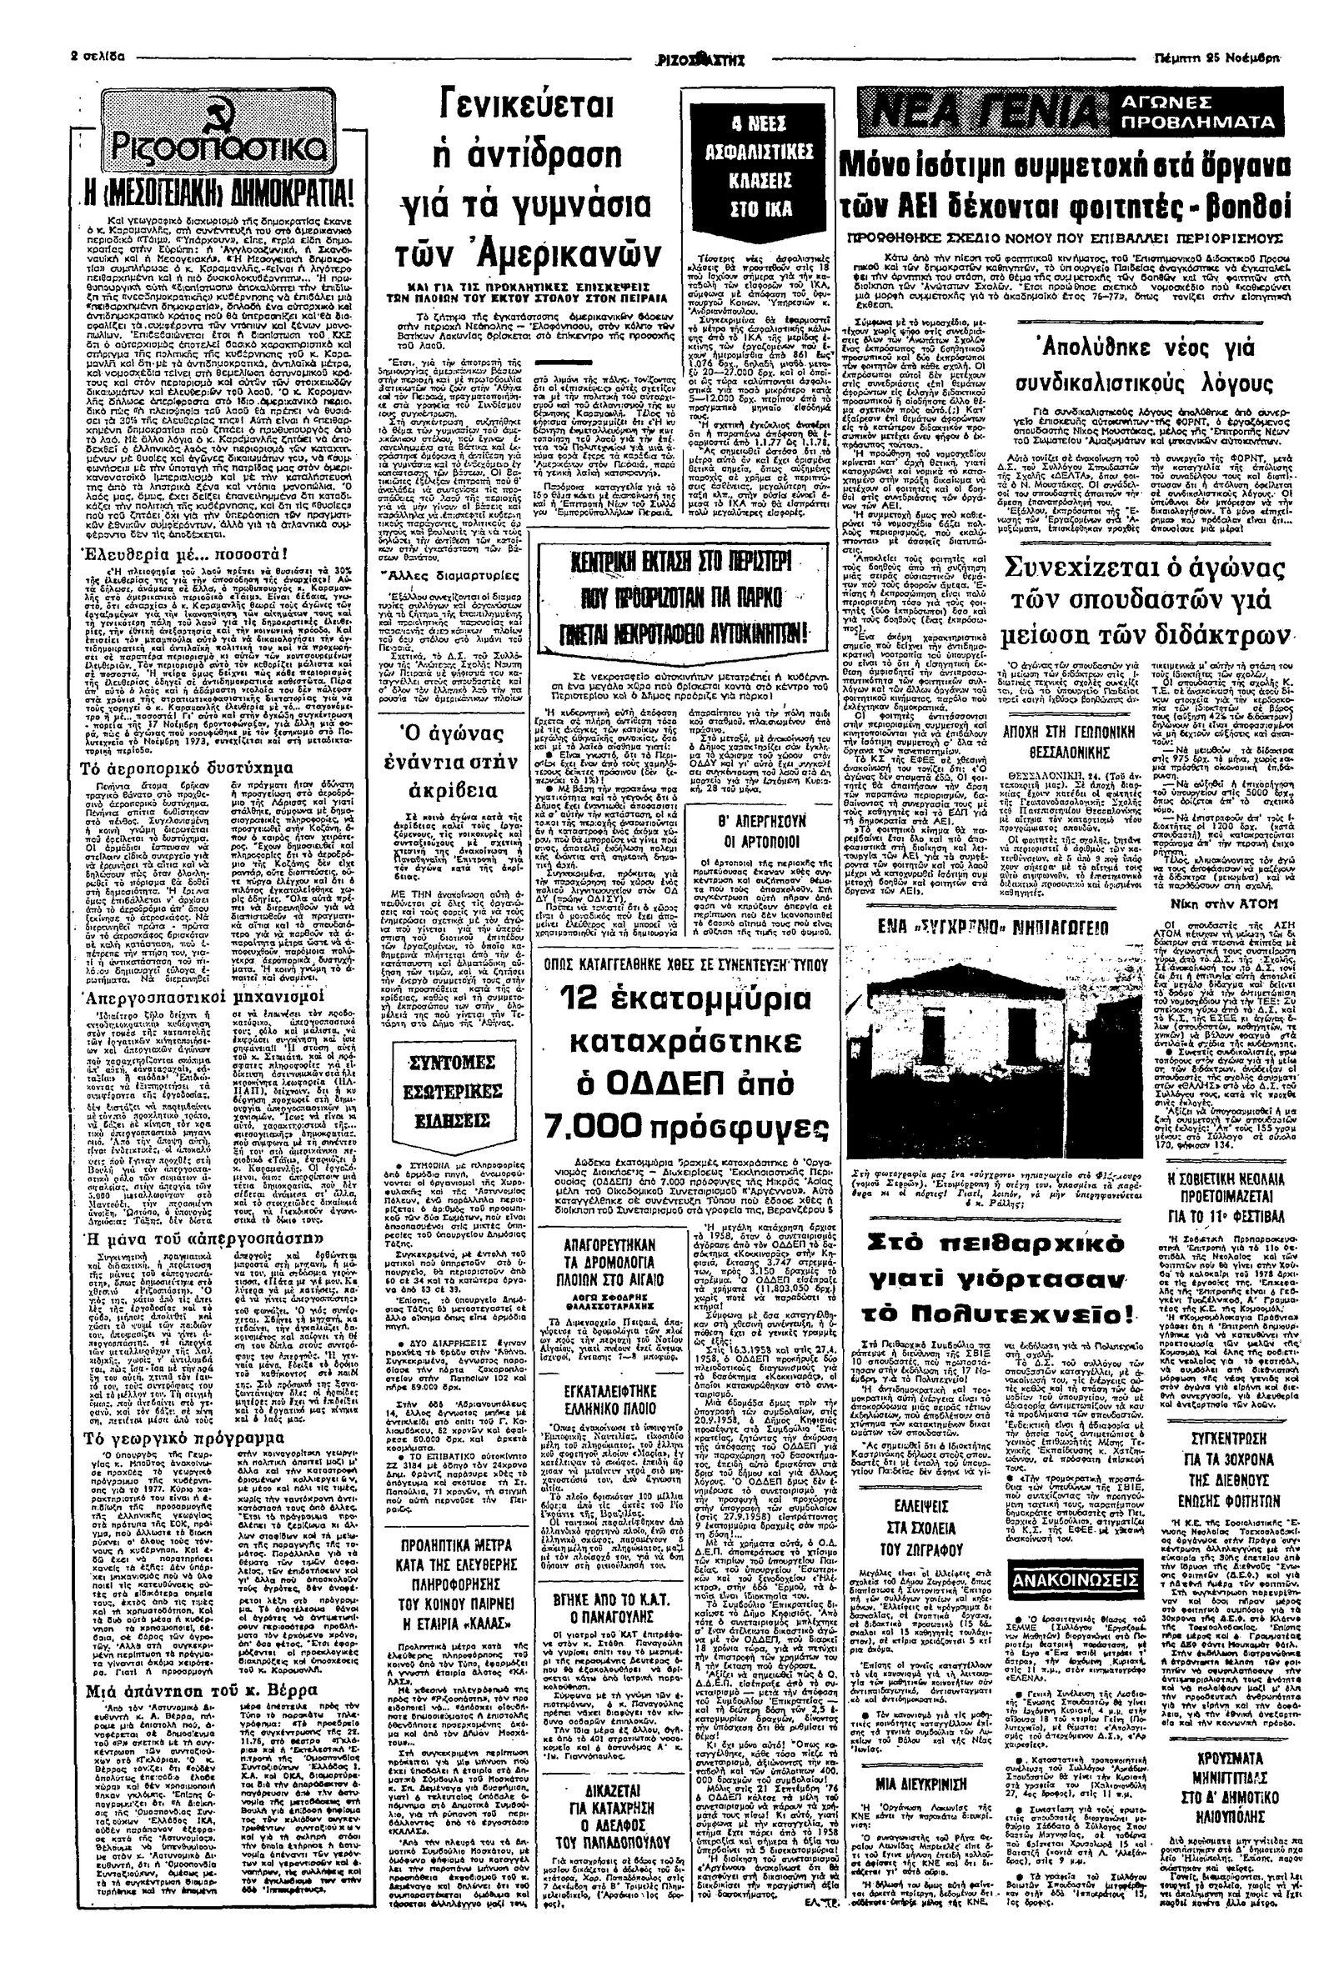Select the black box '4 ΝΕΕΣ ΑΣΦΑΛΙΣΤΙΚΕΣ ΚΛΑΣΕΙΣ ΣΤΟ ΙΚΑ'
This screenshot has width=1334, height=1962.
point(759,167)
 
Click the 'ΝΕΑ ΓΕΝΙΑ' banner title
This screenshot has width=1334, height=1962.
point(984,113)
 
